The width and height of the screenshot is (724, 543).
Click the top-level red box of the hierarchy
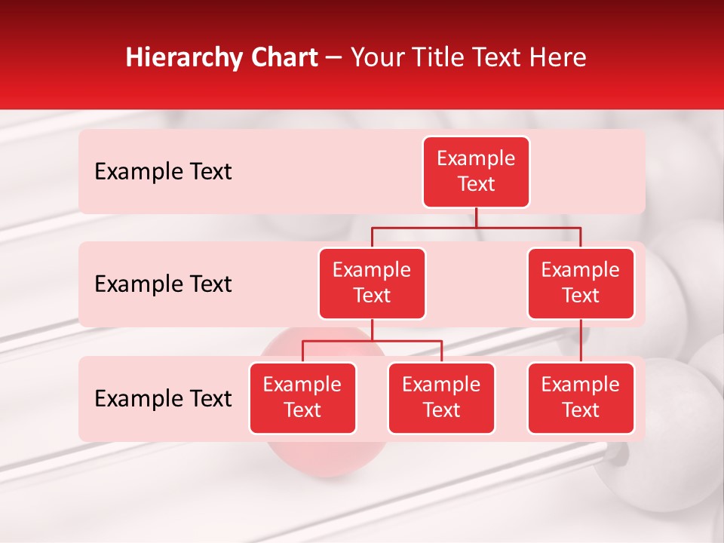[476, 172]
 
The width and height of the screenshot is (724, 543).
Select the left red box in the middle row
[372, 284]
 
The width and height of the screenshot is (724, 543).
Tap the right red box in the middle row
[581, 284]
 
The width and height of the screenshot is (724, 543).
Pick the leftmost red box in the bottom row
[302, 398]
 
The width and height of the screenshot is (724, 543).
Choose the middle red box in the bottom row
[441, 398]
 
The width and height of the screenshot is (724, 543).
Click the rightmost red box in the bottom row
[581, 398]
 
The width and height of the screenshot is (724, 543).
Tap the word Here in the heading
[559, 58]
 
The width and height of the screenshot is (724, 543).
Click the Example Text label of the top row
[163, 172]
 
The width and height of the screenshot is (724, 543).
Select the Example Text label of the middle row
[163, 284]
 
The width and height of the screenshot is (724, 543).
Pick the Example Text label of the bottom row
[163, 399]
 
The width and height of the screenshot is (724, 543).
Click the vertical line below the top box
[476, 217]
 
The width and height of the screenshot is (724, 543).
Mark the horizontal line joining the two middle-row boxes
[476, 227]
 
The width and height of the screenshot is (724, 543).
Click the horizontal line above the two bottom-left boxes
[372, 341]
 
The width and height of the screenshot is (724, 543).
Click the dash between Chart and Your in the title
[334, 59]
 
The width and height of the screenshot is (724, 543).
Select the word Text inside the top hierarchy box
[476, 185]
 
